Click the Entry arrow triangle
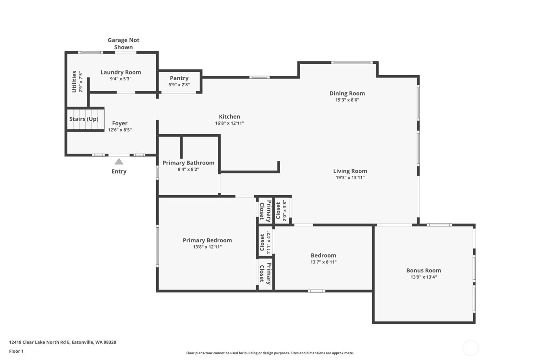tap(119, 162)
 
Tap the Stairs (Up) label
tap(84, 119)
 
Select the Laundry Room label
tap(121, 72)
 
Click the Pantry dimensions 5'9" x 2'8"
tap(179, 85)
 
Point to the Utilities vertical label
tap(74, 81)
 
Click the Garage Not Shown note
tap(123, 44)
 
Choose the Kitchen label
tap(229, 117)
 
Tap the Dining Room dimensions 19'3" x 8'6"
tap(347, 100)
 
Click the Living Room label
tap(350, 171)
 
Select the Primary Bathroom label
tap(188, 163)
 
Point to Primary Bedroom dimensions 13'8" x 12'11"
tap(207, 247)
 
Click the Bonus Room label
tap(424, 270)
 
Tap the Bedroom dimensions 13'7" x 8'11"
tap(323, 262)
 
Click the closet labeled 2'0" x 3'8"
tap(281, 210)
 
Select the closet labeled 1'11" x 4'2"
tap(265, 242)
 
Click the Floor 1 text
tap(16, 351)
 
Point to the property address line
tap(62, 342)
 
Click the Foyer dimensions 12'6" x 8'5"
tap(120, 130)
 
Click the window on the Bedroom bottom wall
tap(316, 291)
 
